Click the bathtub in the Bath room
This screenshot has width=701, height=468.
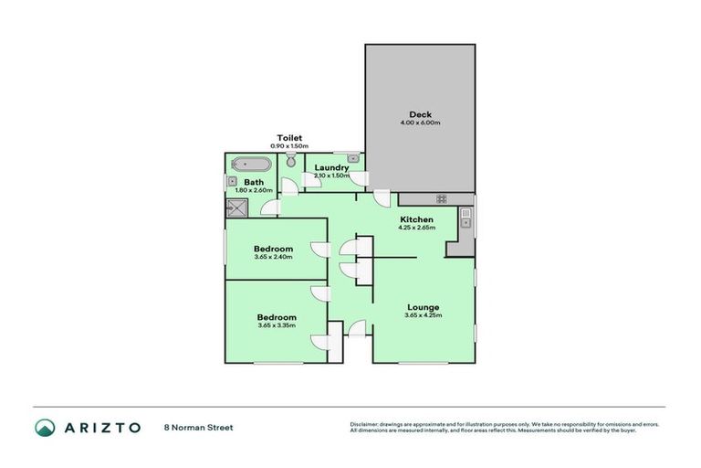click(x=251, y=165)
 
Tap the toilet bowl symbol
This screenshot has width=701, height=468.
click(x=291, y=162)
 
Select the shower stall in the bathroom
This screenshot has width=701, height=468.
click(x=236, y=207)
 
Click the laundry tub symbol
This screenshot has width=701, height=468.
click(x=353, y=159)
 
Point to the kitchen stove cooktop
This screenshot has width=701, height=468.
click(x=441, y=198)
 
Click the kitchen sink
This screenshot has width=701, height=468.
click(x=466, y=218)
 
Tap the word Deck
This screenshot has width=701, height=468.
click(x=420, y=114)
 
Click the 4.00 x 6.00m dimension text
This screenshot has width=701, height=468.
click(x=420, y=122)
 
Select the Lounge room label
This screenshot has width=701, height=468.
click(x=423, y=307)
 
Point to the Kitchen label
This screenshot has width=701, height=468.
click(x=416, y=219)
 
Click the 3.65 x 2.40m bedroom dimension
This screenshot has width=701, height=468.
click(x=273, y=257)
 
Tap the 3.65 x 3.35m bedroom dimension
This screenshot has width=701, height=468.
click(x=276, y=325)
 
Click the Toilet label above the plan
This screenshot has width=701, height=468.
click(x=289, y=137)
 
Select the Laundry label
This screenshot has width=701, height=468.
click(x=330, y=167)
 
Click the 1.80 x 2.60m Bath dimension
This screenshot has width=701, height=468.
click(x=254, y=190)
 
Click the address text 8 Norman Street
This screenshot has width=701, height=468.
click(x=198, y=427)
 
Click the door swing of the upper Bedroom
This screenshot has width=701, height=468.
click(x=318, y=250)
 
